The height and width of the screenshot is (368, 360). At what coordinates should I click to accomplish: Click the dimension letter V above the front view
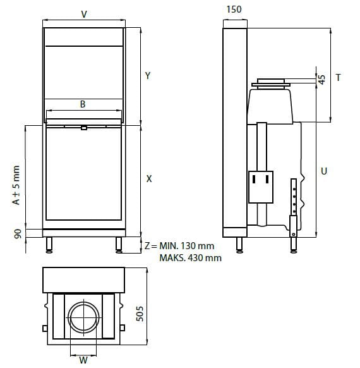84,15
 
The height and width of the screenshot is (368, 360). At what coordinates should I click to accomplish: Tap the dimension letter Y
148,76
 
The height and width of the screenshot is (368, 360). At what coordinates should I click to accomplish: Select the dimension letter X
149,179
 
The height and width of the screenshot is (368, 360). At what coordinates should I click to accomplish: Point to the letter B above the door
83,104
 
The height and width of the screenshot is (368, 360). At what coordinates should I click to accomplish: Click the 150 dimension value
234,9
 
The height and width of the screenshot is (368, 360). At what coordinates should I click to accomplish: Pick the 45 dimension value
322,80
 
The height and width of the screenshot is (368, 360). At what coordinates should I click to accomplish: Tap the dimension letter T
338,77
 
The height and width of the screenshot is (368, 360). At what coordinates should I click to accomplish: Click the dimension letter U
324,171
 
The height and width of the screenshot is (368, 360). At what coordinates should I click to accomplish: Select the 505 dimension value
140,314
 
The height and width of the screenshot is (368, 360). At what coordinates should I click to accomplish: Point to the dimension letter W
83,360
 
